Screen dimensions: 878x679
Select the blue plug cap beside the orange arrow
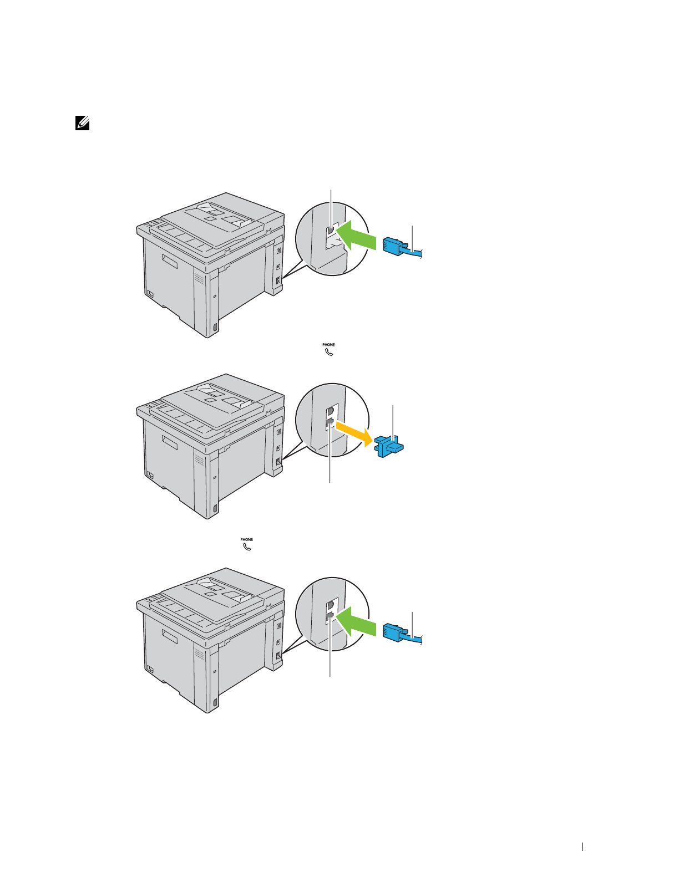coord(390,445)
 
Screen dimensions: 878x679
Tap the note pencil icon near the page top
coord(82,123)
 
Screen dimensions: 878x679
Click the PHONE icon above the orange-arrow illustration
coord(329,349)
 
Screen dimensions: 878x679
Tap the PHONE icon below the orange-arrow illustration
coord(247,544)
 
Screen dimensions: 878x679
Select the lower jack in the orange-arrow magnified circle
coord(330,423)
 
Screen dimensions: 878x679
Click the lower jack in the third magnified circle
coord(330,616)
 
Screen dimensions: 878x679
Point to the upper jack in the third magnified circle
coord(331,604)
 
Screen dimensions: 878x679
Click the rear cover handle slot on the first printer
coord(170,262)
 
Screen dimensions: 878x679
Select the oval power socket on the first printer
coord(215,327)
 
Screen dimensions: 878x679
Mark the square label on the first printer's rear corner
coord(150,294)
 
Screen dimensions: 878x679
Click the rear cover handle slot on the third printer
coord(170,637)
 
